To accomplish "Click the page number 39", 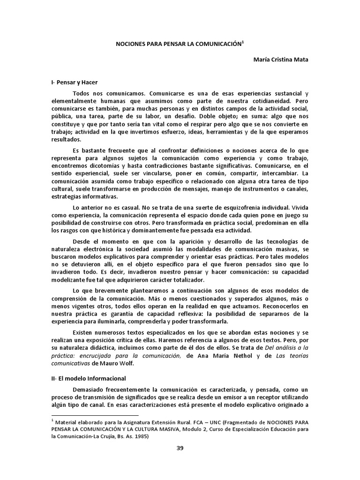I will pyautogui.click(x=180, y=448).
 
